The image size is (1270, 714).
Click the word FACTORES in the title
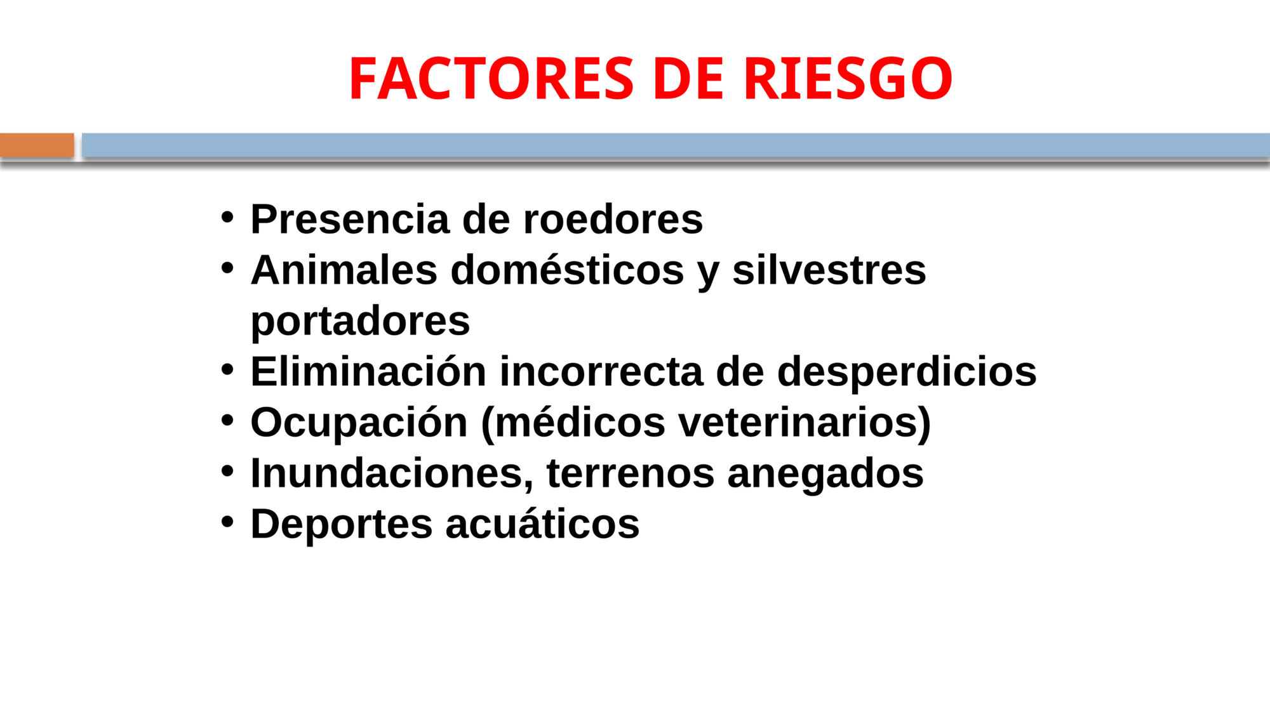click(491, 79)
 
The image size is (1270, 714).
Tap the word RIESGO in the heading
click(848, 79)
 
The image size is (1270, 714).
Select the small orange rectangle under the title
click(37, 145)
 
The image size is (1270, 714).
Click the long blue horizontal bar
click(676, 145)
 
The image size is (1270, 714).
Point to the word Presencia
click(350, 220)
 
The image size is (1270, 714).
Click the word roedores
click(613, 220)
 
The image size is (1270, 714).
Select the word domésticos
click(567, 270)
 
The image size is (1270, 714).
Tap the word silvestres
click(829, 270)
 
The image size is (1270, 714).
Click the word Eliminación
click(368, 371)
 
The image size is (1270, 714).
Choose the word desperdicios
click(907, 373)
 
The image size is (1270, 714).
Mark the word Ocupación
click(359, 423)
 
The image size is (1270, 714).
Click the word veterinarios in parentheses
click(798, 423)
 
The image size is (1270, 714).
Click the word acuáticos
click(542, 524)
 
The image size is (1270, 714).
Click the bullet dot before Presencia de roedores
click(227, 218)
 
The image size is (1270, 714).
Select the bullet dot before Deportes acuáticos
click(227, 522)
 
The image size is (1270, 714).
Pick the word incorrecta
click(601, 372)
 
